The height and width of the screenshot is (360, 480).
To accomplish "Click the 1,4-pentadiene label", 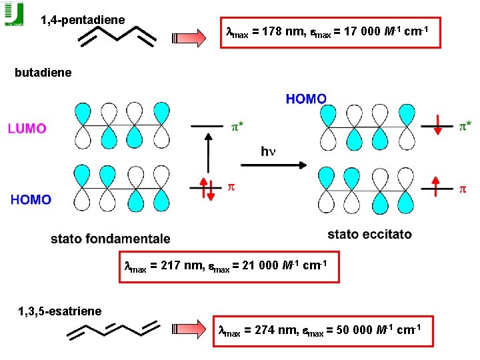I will [x=83, y=20].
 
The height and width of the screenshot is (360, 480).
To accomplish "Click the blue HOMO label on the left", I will [x=31, y=199].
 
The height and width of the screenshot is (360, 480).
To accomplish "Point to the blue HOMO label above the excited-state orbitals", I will [x=306, y=99].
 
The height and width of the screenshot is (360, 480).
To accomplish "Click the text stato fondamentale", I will [x=110, y=239].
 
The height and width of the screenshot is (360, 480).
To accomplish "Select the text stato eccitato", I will [x=369, y=234].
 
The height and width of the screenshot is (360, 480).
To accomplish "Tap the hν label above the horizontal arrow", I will [x=268, y=151].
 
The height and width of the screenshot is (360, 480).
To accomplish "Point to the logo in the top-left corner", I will [x=13, y=13].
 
